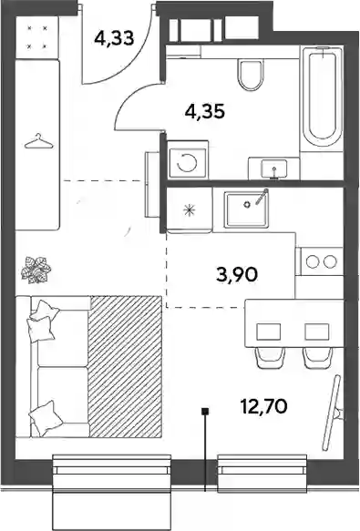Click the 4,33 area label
pos(114,38)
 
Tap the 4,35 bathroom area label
pos(205,111)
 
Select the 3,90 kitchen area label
pos(237,274)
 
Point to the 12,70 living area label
pos(263,405)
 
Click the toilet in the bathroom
pos(251,75)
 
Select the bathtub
pos(322,97)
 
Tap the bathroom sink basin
pos(273,168)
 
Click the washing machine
pos(188,159)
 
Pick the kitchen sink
pos(246,209)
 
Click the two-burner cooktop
pos(320,260)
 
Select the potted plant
pos(36,270)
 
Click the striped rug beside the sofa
pos(125,366)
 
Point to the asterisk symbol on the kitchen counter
pos(189,210)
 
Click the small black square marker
pos(205,412)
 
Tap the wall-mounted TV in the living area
pos(332,413)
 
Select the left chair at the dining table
pos(270,358)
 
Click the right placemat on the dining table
pos(316,332)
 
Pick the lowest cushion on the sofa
pos(46,418)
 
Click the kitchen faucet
pos(262,197)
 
